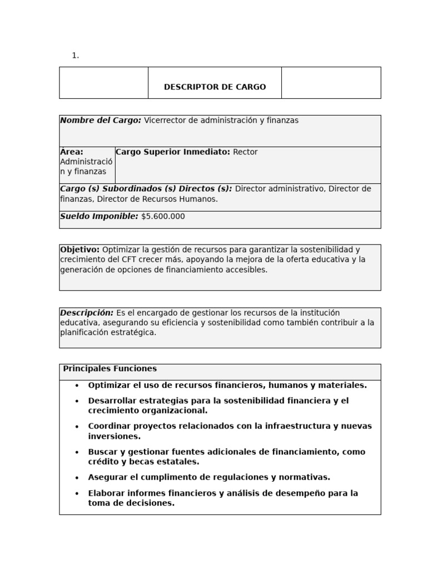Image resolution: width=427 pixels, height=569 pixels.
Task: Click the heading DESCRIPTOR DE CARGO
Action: [215, 87]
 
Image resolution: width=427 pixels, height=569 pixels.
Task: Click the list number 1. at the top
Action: [75, 56]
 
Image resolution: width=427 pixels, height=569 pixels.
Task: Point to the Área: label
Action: [72, 152]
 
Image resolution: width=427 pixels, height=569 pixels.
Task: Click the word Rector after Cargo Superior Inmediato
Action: [245, 152]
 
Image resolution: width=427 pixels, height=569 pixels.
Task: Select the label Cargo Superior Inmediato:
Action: [173, 152]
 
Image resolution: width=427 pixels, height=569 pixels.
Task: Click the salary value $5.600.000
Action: [163, 217]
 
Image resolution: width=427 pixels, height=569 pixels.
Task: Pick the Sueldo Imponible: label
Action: [99, 217]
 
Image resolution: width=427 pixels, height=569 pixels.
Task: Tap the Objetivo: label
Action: [80, 249]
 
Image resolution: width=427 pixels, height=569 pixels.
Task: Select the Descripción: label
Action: [87, 313]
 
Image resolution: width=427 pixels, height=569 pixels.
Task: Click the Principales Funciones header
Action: [110, 369]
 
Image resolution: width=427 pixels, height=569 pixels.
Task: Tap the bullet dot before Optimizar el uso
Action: [77, 385]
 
